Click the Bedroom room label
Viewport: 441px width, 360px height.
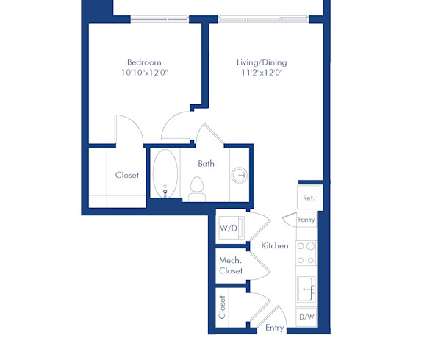[144, 62]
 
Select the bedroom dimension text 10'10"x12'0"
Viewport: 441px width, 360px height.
[144, 73]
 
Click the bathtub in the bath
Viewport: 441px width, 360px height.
[166, 174]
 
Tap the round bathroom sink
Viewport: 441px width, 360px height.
[240, 175]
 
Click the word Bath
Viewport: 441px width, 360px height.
[206, 163]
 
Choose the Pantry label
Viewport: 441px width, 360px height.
[307, 220]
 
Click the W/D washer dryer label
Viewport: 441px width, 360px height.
[229, 228]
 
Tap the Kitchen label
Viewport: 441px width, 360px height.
[275, 246]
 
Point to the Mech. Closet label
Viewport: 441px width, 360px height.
[231, 265]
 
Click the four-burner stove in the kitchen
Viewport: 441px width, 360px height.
[306, 253]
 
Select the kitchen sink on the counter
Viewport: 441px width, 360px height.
[306, 290]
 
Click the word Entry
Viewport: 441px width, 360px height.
[275, 328]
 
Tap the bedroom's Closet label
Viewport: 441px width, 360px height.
[127, 176]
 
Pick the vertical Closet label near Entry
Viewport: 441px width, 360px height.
[222, 307]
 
